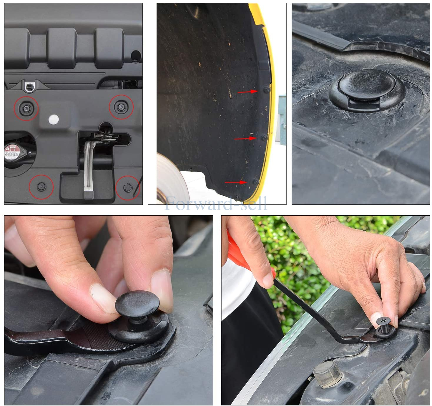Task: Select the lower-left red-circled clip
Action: pyautogui.click(x=41, y=186)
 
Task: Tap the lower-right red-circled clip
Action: pyautogui.click(x=127, y=187)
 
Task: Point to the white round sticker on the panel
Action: pyautogui.click(x=54, y=119)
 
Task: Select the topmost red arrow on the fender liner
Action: pyautogui.click(x=247, y=92)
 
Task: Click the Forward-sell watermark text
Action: pyautogui.click(x=216, y=204)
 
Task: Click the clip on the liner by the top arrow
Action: pyautogui.click(x=266, y=90)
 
